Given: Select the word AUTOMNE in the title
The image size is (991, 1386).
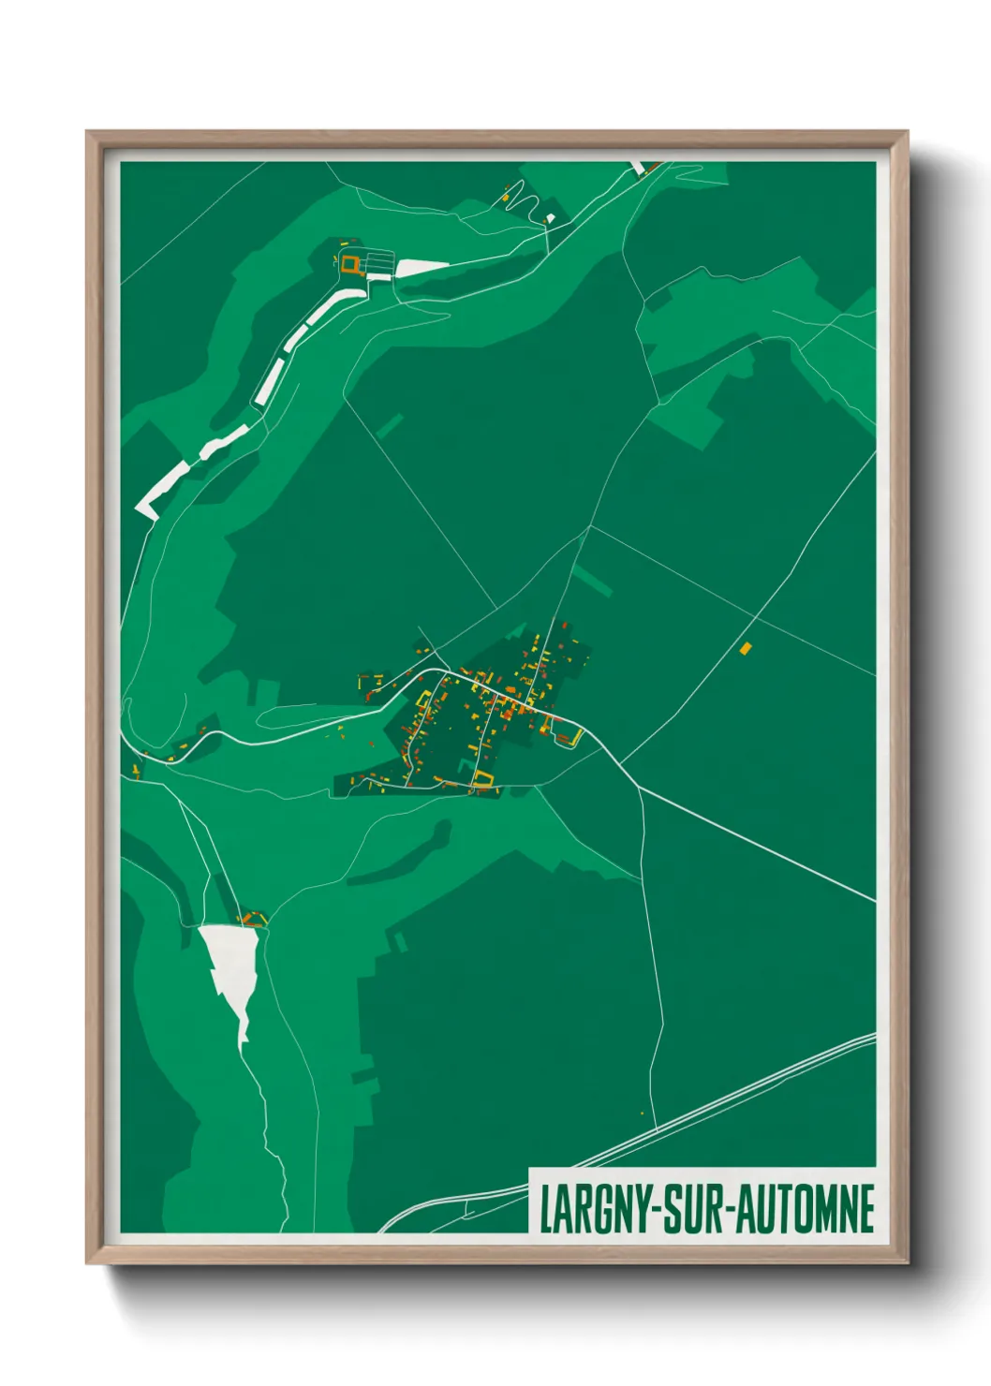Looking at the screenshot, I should [x=806, y=1208].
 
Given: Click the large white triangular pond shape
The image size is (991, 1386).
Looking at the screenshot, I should [x=230, y=965].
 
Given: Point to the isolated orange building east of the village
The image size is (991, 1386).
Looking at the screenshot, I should [x=746, y=648].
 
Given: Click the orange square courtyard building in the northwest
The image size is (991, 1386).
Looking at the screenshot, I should [x=350, y=264].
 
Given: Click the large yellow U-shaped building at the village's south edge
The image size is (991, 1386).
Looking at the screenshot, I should [x=482, y=777].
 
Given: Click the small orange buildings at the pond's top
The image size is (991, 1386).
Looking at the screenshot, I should [x=251, y=918].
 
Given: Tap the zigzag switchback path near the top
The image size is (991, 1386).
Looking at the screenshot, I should [x=523, y=201].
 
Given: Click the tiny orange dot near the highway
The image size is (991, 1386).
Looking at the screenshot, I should [x=642, y=1113].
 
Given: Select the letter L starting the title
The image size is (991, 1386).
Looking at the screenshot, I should [x=545, y=1208].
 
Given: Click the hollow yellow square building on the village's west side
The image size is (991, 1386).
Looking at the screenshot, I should [x=423, y=699].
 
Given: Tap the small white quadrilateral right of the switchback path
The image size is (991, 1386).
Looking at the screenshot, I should [x=552, y=219].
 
